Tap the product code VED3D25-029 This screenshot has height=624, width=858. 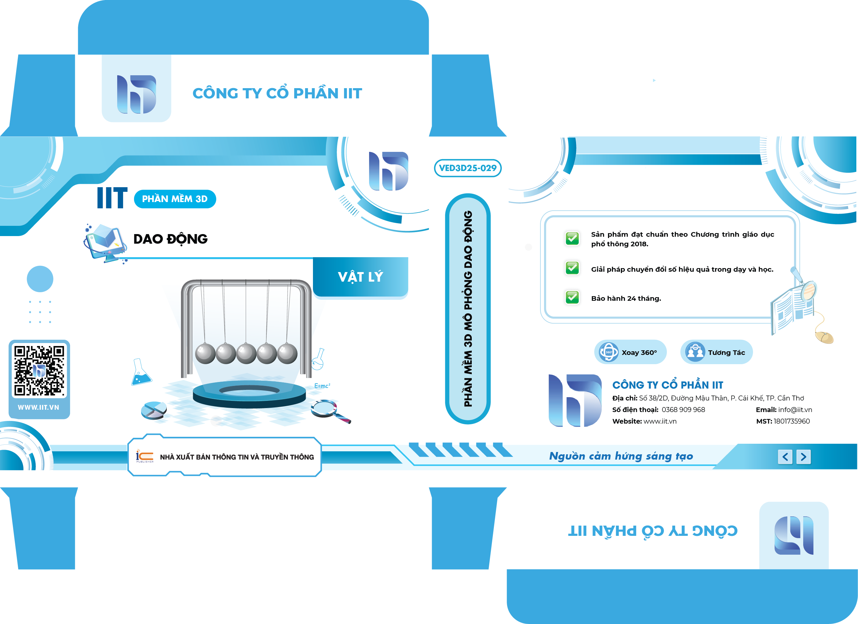(467, 168)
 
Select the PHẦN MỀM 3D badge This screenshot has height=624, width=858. (175, 199)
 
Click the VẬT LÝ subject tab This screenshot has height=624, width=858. (360, 277)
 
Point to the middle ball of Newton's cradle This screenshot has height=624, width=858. (246, 354)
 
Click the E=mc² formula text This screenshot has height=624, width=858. (322, 386)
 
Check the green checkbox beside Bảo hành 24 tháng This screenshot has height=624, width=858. (572, 297)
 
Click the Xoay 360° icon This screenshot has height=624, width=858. (609, 352)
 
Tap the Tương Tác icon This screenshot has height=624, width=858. (695, 352)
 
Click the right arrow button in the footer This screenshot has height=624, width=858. (804, 457)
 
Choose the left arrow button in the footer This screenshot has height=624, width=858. (785, 457)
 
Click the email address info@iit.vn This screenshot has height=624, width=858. (795, 410)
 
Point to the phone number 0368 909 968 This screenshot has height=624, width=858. (683, 410)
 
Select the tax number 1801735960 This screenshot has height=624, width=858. (792, 421)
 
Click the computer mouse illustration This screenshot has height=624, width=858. (824, 336)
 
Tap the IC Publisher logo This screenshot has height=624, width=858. (145, 456)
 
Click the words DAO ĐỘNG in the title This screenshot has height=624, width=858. (171, 239)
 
